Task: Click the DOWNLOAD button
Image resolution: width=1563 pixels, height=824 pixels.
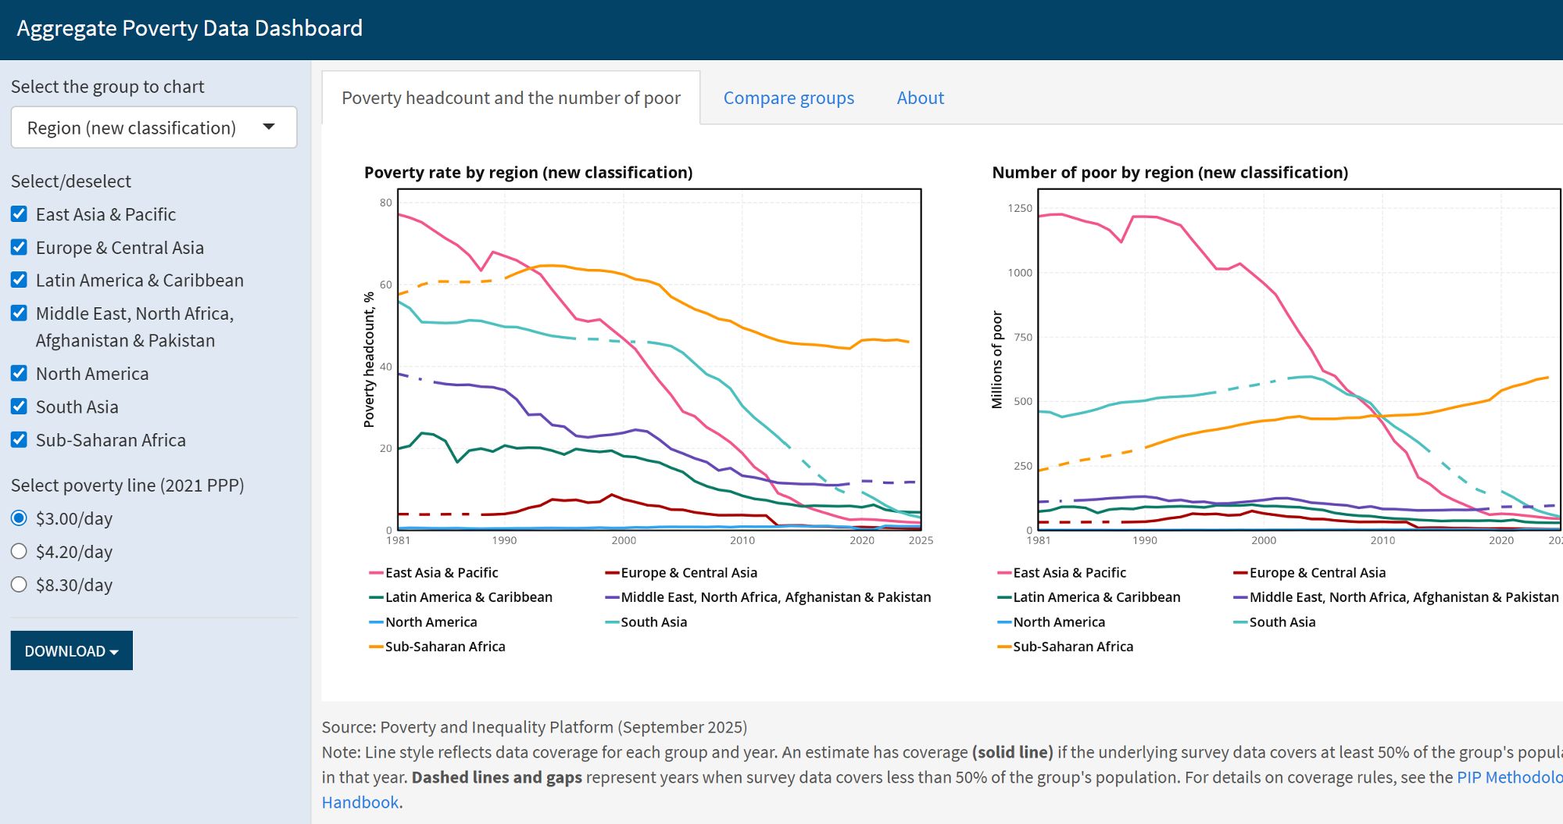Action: (71, 650)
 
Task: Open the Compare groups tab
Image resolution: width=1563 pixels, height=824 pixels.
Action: (788, 98)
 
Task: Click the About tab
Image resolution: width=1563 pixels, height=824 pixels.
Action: (920, 98)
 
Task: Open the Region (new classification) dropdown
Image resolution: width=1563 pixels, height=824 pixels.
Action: (154, 127)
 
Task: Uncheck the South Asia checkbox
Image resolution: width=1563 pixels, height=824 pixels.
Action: (20, 407)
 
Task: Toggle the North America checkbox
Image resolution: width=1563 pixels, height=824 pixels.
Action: (20, 374)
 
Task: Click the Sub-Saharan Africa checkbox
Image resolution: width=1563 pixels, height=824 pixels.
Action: (20, 439)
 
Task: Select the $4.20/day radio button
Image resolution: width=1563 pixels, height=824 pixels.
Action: (20, 551)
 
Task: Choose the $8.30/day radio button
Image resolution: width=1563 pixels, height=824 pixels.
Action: (20, 585)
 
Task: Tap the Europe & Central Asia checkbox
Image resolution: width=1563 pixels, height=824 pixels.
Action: (20, 247)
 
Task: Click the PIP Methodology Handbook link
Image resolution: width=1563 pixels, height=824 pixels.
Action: (1508, 777)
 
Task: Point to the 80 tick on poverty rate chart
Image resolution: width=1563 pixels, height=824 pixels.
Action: (385, 202)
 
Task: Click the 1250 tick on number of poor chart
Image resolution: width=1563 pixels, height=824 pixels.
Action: (1019, 208)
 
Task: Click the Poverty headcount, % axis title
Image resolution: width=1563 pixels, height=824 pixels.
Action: (369, 360)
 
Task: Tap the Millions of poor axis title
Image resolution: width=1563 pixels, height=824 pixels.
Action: (997, 360)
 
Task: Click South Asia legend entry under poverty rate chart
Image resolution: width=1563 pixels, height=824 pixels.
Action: (653, 622)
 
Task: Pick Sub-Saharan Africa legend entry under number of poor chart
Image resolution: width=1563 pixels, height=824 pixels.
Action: (1072, 647)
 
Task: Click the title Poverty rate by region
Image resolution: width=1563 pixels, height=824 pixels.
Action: (528, 172)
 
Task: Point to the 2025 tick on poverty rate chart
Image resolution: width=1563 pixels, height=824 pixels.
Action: (921, 540)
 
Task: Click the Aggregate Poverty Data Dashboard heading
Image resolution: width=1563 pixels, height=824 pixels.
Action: (190, 28)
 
